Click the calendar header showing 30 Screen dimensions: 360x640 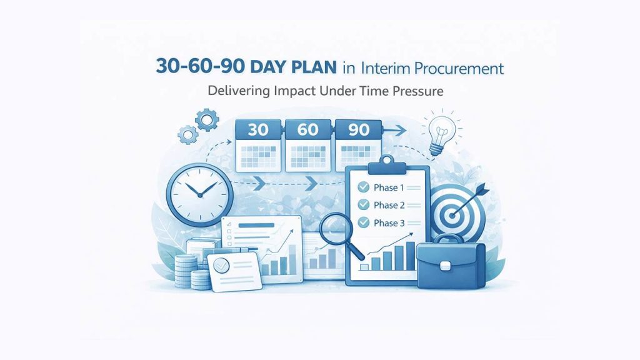(257, 131)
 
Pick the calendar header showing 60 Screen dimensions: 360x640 (308, 131)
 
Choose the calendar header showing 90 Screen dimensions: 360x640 (357, 131)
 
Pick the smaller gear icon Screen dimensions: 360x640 (186, 133)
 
